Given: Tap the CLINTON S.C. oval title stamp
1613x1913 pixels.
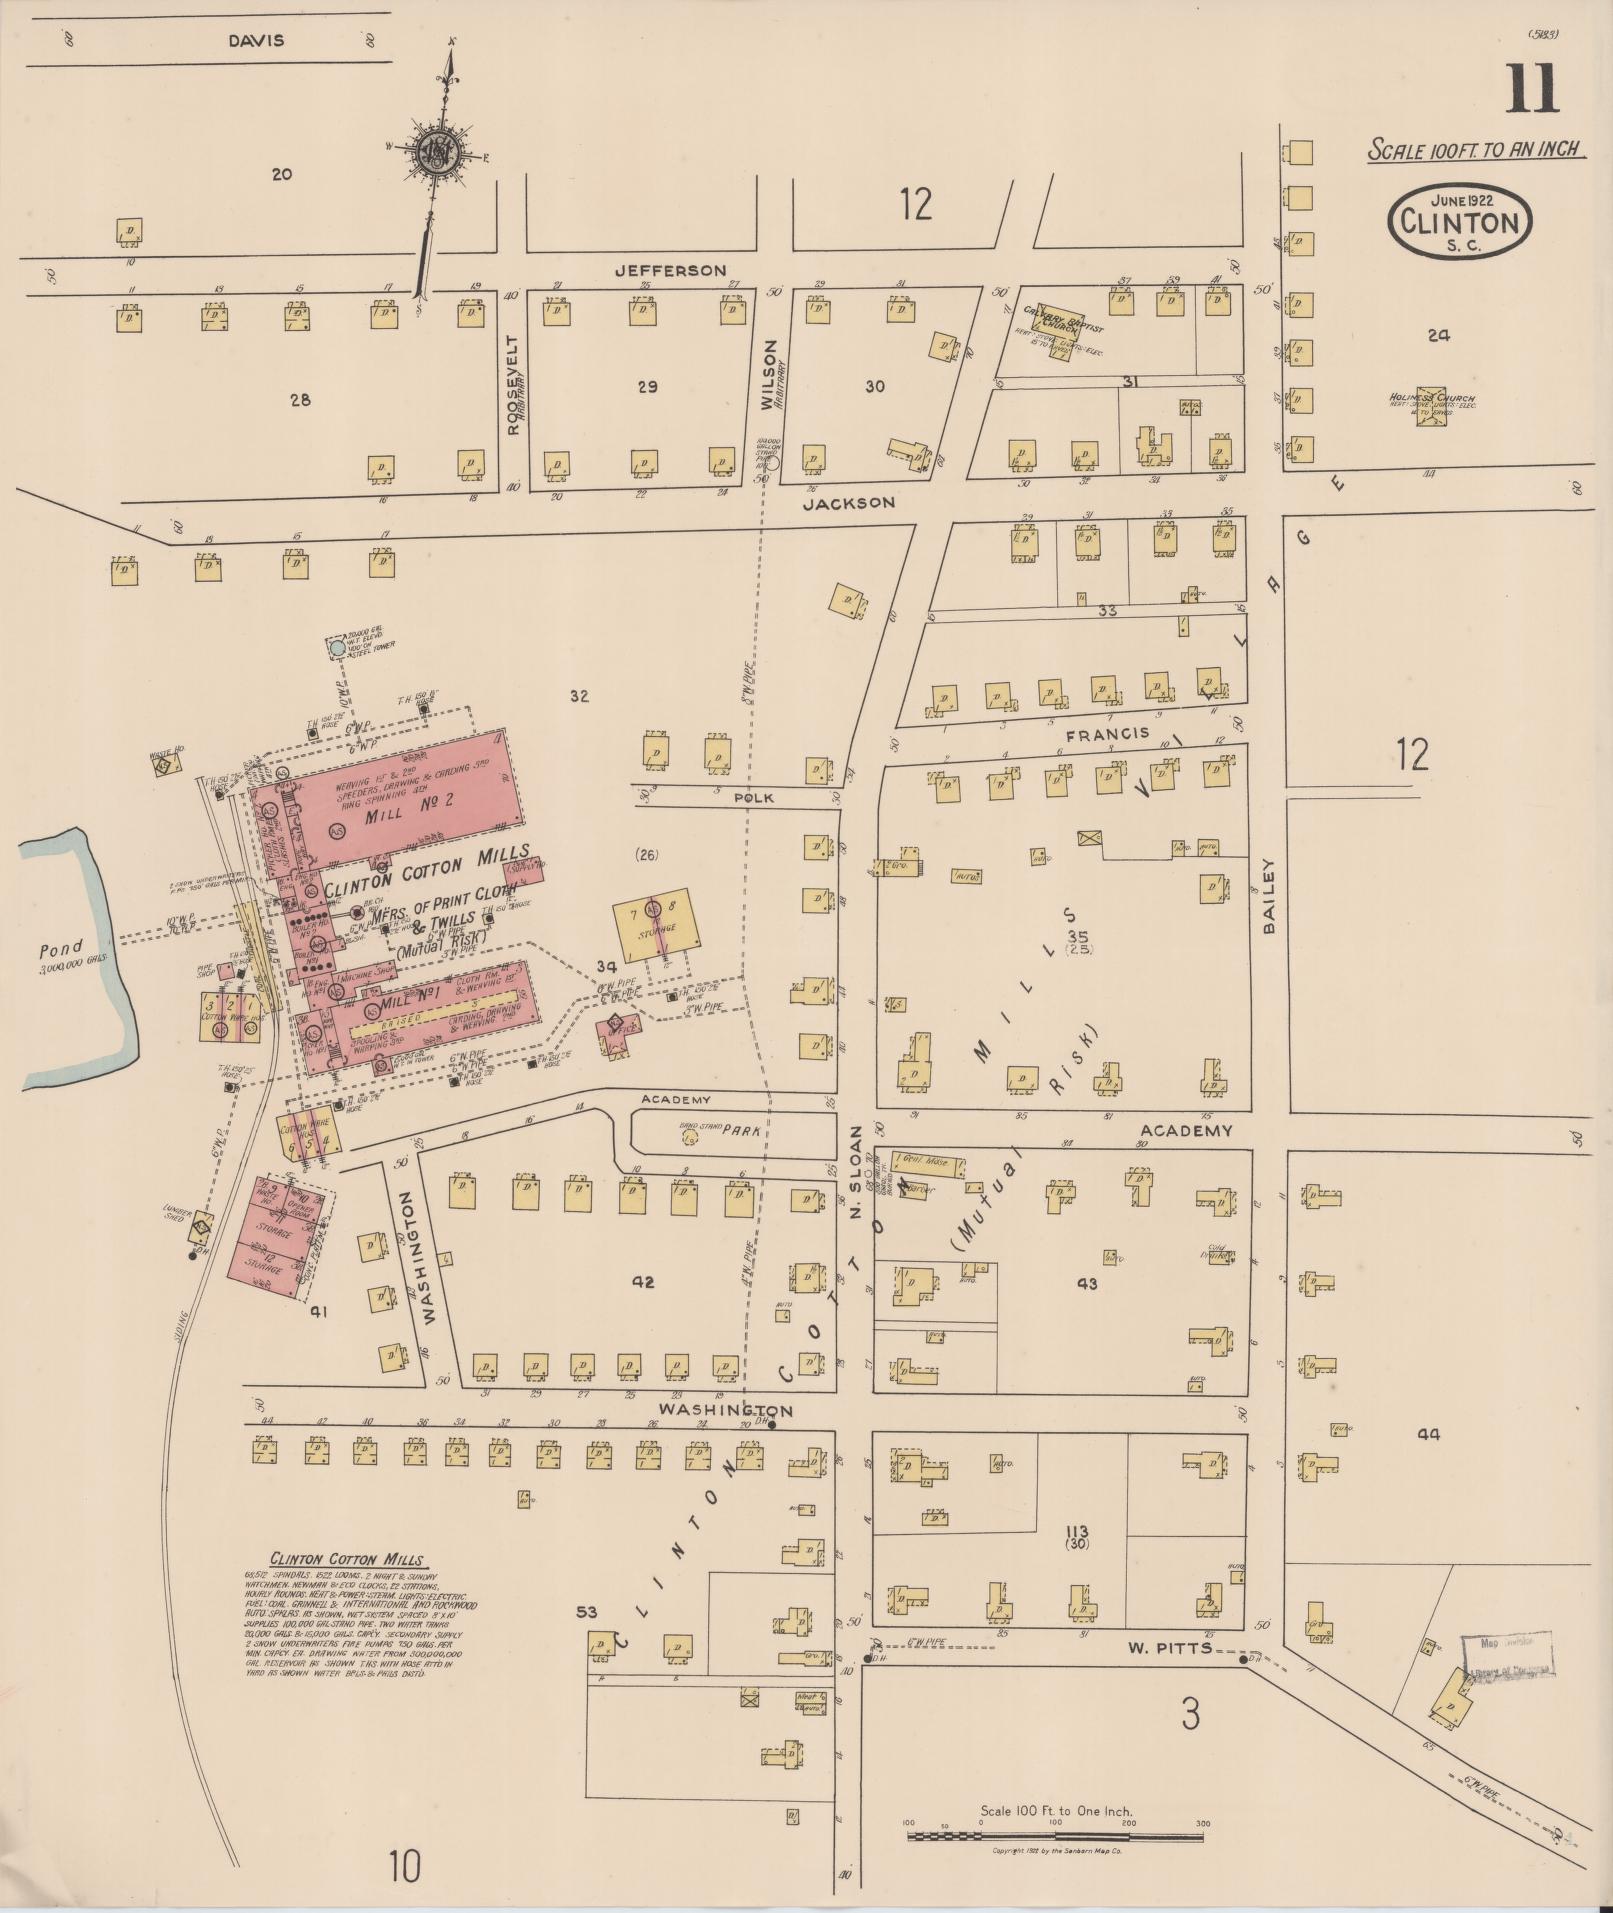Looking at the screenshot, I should click(1461, 221).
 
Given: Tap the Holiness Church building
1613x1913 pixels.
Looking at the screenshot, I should click(1431, 406).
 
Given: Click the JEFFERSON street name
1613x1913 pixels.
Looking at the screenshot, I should click(670, 271).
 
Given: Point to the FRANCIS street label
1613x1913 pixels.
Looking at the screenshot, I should click(1108, 733).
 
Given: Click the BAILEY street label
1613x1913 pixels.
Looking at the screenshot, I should click(1269, 896).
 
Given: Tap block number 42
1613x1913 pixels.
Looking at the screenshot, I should click(642, 1281).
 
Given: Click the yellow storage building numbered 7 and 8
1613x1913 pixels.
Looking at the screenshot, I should click(656, 922).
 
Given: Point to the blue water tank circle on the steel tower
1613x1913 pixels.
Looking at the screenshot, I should click(338, 648).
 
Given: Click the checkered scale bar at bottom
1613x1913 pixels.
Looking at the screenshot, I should click(1055, 1836).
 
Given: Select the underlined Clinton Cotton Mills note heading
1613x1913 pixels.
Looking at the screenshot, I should click(346, 1560).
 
